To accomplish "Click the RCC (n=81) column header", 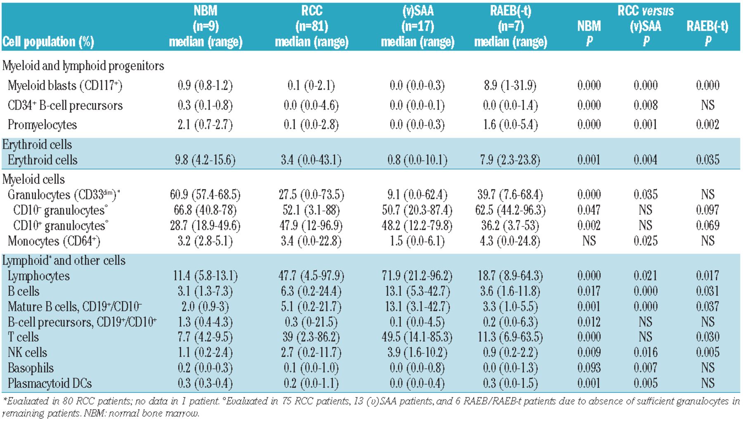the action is (x=312, y=26).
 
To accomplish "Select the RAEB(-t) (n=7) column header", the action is (x=511, y=26).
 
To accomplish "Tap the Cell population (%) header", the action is (x=48, y=42).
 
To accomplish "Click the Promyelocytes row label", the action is (x=42, y=125).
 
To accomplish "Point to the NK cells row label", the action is (x=27, y=352).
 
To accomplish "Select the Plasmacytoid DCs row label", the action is (x=50, y=383).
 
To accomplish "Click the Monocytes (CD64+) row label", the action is (x=54, y=241).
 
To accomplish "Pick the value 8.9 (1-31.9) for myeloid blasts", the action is (x=510, y=85).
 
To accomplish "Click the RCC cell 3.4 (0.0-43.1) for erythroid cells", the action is (x=311, y=160).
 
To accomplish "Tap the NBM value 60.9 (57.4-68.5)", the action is (x=205, y=194).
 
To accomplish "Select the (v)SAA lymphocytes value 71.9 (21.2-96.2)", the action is (x=417, y=276).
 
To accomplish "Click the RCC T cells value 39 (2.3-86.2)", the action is (x=311, y=337).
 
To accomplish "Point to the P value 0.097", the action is (x=708, y=210).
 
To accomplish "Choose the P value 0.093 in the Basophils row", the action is (x=589, y=368).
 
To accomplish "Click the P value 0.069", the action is (x=708, y=225).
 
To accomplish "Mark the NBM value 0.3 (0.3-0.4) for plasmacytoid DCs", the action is (x=205, y=383).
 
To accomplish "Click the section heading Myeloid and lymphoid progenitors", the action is (x=83, y=66).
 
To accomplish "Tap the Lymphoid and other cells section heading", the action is (x=64, y=260).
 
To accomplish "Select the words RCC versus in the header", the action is (x=646, y=11).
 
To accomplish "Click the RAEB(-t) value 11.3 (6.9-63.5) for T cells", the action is (x=510, y=337).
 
